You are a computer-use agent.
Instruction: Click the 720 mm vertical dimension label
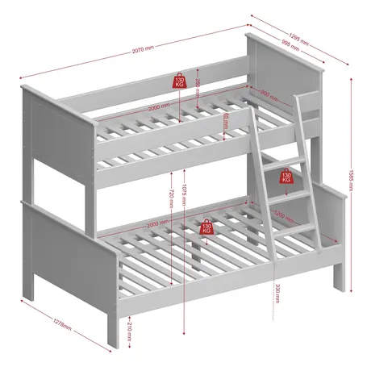tap(171, 198)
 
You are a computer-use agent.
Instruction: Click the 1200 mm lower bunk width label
tap(282, 216)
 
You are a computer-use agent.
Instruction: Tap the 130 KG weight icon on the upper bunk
tap(177, 81)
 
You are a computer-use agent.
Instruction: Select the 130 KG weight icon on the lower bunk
tap(206, 227)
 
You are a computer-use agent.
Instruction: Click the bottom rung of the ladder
tap(298, 230)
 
